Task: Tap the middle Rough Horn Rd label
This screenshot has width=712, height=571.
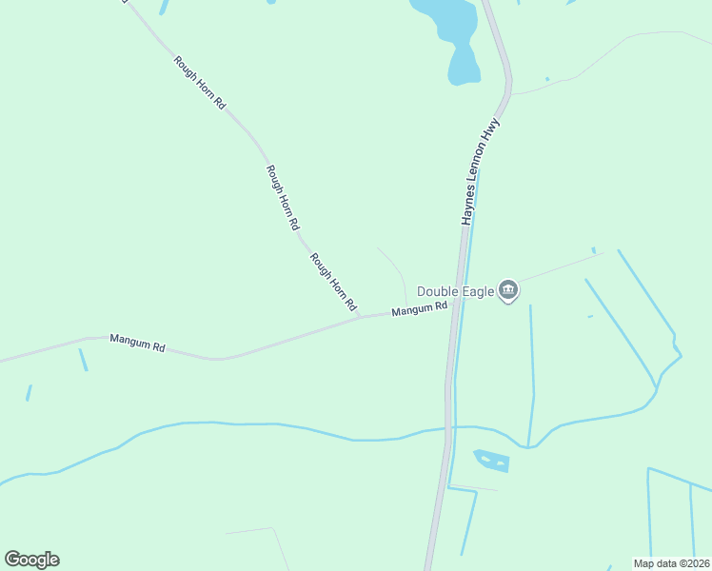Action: click(283, 198)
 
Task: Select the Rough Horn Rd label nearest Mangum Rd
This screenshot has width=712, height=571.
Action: click(332, 283)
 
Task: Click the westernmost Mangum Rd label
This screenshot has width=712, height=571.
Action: click(137, 343)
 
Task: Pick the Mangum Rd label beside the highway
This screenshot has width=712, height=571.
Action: click(419, 308)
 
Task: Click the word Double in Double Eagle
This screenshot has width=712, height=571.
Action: click(437, 291)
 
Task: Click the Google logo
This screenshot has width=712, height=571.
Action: click(31, 559)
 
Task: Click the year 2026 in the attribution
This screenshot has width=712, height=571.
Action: click(694, 563)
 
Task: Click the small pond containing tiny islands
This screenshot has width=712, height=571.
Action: click(491, 461)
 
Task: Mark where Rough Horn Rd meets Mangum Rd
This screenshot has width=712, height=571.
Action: click(361, 317)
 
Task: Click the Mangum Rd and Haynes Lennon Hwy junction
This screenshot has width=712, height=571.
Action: click(458, 302)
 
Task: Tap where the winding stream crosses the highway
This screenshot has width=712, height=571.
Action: click(446, 429)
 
